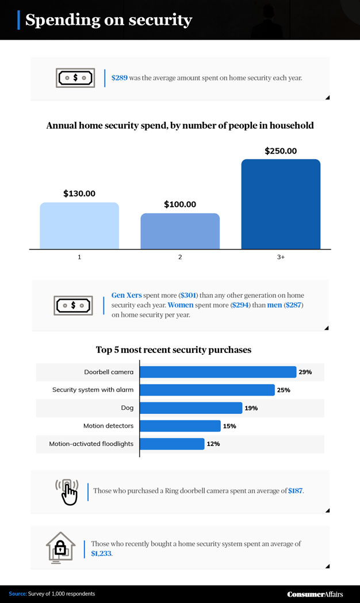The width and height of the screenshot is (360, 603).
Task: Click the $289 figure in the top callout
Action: (x=120, y=78)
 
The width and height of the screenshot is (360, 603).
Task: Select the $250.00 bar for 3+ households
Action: (x=281, y=204)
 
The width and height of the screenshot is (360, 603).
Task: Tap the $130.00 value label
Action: (x=79, y=194)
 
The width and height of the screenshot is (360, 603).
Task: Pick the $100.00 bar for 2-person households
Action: (x=180, y=231)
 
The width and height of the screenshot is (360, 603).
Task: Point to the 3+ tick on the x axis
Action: (x=281, y=257)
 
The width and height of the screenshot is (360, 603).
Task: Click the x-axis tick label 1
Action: (x=79, y=257)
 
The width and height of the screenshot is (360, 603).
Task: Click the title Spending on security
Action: (x=109, y=21)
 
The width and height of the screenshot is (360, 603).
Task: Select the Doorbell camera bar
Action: (x=219, y=372)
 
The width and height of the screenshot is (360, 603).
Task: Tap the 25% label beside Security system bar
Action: (x=284, y=390)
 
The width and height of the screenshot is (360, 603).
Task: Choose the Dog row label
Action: (x=127, y=408)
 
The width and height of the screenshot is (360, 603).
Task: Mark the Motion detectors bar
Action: (x=181, y=426)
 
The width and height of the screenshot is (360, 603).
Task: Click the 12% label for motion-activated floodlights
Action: (x=213, y=444)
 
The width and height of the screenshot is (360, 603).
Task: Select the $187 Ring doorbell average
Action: (x=296, y=491)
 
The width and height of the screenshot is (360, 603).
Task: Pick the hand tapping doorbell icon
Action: (x=67, y=491)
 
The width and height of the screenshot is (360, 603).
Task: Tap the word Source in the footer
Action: (x=17, y=594)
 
